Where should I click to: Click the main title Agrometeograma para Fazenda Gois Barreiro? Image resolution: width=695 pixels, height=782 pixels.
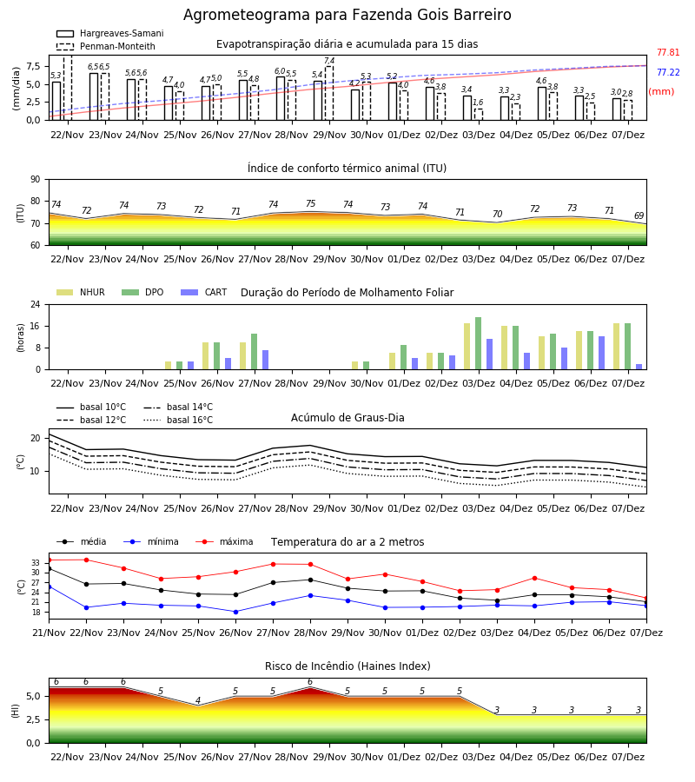tap(347, 15)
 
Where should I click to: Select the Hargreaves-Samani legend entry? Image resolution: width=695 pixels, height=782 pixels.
tap(110, 33)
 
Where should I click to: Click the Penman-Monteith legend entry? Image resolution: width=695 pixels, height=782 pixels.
tap(106, 46)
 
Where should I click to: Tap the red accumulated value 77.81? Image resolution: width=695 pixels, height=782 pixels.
tap(668, 52)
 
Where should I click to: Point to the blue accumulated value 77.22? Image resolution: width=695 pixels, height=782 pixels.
tap(668, 72)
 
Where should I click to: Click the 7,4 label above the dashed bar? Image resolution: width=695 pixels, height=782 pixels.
tap(329, 61)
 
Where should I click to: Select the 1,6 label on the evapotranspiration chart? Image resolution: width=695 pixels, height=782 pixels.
tap(478, 103)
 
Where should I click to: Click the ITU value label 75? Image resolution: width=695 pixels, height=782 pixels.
tap(311, 203)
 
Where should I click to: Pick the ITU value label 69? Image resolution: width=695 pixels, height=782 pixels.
tap(639, 215)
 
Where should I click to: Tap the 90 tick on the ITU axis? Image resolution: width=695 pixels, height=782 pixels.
tap(35, 180)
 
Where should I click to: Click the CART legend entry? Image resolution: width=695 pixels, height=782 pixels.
tap(204, 292)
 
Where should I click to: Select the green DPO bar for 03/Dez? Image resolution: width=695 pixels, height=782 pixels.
tap(478, 343)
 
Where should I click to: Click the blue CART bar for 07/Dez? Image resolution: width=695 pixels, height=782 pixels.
tap(639, 367)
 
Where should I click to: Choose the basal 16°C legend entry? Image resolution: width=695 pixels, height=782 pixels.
tap(178, 420)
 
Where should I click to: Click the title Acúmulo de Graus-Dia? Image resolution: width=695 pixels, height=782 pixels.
tap(347, 417)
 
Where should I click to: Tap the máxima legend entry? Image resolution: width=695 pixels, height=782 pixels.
tap(224, 541)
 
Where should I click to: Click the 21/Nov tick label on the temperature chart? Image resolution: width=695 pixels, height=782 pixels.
tap(49, 633)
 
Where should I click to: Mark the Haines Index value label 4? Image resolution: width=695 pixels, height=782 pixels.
tap(198, 700)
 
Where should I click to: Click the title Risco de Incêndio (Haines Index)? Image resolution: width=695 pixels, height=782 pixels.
tap(347, 666)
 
